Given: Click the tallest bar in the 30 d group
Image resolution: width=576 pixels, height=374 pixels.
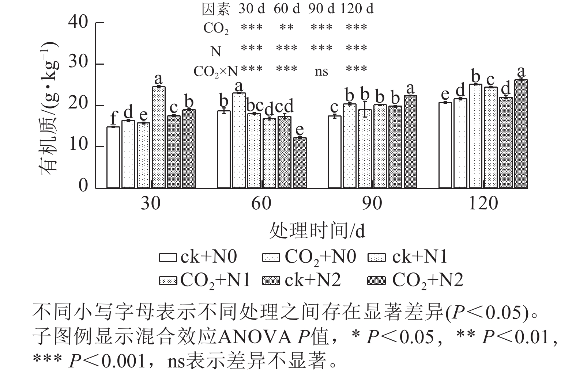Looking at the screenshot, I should (x=158, y=137).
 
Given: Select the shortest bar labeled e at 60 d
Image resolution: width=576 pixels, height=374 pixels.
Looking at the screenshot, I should (x=300, y=163).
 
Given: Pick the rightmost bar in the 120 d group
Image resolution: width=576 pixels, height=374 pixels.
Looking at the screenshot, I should (x=521, y=134).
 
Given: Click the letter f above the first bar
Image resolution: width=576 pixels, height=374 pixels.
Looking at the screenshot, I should (x=113, y=118).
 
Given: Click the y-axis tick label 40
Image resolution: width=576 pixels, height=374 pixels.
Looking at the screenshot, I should (x=78, y=23).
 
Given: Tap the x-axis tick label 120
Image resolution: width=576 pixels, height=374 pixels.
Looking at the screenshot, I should (x=483, y=203).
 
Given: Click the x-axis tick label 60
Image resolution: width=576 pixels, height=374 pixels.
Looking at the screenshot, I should (x=261, y=203).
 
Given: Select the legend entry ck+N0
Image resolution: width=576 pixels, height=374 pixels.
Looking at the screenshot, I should (x=198, y=257).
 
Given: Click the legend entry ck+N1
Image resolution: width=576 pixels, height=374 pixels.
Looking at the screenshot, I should (x=407, y=257).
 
